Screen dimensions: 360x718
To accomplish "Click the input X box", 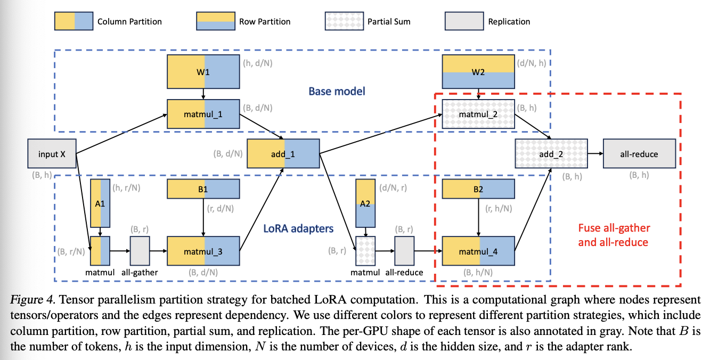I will tap(52, 154).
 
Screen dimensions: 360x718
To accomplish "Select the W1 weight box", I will tap(203, 71).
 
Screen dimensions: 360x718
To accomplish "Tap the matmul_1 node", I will tap(203, 113).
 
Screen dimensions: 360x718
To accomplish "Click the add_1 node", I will tap(283, 154).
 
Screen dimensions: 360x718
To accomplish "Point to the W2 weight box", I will tap(478, 71).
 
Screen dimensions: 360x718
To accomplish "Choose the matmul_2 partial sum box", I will tap(478, 113).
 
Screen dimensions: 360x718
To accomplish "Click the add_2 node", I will tap(551, 154).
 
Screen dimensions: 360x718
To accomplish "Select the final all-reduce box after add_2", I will tap(639, 154).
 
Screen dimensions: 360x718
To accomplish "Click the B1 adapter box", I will tap(203, 189).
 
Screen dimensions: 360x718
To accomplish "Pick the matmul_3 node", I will tap(203, 251).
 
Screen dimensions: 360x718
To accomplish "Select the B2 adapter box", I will tap(478, 189).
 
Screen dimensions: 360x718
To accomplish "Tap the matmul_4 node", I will tap(478, 251).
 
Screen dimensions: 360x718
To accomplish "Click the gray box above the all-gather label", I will tap(140, 250).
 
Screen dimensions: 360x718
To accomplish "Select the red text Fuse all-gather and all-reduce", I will tap(614, 235).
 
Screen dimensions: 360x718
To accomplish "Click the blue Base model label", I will tap(337, 91).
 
